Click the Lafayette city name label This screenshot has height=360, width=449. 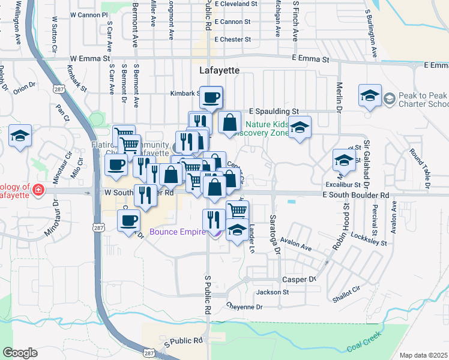point(219,70)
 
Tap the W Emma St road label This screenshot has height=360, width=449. point(90,59)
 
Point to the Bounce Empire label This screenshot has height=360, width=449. point(177,231)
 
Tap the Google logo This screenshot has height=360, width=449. point(20,353)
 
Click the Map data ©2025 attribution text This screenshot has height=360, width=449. point(423,355)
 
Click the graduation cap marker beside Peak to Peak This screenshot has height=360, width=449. point(370,95)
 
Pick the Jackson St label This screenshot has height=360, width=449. point(273,292)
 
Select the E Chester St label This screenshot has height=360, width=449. point(232,40)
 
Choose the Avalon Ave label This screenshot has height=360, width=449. point(298,247)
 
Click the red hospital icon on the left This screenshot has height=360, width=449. point(39,190)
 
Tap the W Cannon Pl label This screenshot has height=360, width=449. point(88,14)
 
